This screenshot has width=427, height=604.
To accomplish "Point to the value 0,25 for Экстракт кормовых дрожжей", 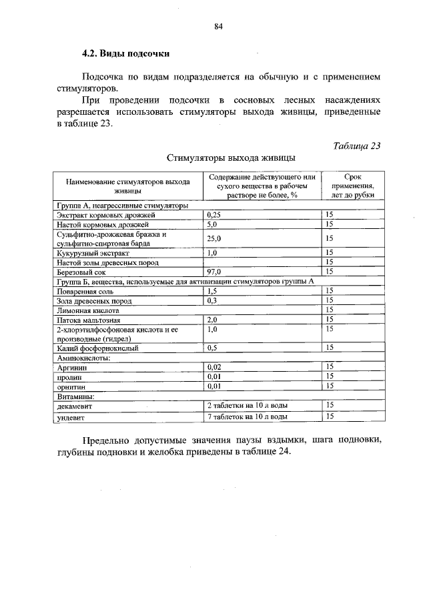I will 214,216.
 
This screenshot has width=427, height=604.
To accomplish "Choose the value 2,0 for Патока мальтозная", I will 213,320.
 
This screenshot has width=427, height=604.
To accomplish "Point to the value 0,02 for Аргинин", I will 214,367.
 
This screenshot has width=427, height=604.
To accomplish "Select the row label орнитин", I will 69,386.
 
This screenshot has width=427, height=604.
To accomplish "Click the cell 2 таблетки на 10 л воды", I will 248,405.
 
